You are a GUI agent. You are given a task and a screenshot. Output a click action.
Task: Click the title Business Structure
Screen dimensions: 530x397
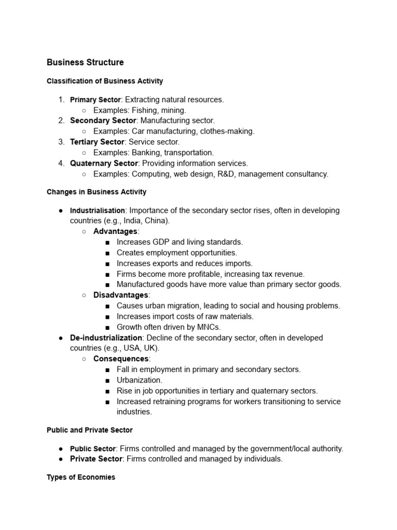tap(85, 63)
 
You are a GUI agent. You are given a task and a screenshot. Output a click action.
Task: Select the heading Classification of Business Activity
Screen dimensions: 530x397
tap(105, 81)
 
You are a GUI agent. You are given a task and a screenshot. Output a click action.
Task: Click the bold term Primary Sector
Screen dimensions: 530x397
tap(95, 99)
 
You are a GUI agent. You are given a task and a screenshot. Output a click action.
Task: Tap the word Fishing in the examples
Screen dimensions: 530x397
tap(144, 110)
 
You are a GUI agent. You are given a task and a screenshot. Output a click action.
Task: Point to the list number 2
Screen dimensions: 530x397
tap(61, 121)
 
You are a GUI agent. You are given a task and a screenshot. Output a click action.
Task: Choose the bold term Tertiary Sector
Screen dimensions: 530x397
tap(97, 142)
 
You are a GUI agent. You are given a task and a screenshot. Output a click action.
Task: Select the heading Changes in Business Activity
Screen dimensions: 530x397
tap(97, 192)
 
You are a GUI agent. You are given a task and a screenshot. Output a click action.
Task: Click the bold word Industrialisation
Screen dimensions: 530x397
tap(97, 211)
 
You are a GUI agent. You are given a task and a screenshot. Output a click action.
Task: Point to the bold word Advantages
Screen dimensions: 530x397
tap(115, 231)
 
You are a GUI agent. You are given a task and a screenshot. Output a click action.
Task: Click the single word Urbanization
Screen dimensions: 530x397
tap(139, 380)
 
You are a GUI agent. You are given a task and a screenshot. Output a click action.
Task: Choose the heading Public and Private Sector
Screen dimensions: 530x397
tap(89, 430)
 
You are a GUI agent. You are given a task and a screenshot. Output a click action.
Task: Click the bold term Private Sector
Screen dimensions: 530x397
tap(96, 459)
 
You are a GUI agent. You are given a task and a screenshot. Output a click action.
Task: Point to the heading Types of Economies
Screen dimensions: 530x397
tap(81, 477)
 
